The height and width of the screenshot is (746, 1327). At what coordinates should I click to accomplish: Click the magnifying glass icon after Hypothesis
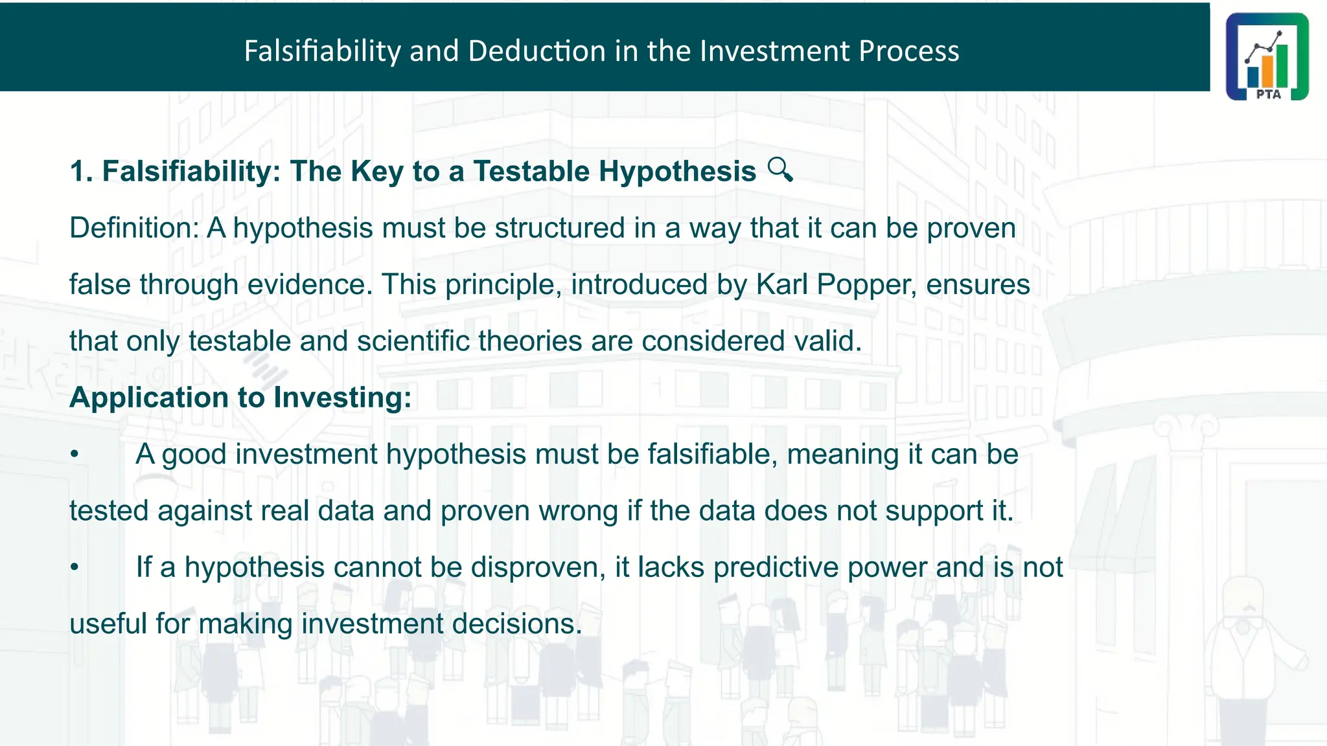(780, 170)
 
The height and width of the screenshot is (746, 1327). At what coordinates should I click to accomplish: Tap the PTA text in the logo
(1268, 94)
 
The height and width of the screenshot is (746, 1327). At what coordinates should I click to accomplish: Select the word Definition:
(133, 228)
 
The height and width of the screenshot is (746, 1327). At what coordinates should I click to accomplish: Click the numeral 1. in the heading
(81, 172)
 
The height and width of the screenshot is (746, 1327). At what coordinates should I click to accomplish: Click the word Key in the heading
(376, 172)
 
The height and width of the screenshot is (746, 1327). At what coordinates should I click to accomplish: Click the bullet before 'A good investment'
(75, 455)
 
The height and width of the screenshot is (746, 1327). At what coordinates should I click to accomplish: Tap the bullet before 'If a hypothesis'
(75, 568)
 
